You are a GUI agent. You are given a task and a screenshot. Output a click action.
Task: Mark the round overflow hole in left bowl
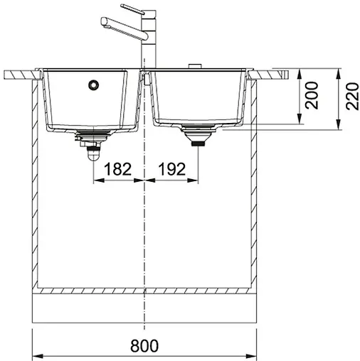92,85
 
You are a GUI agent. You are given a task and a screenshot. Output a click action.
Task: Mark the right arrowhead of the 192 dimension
196,180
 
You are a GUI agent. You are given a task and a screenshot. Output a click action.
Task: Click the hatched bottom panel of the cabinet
146,292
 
